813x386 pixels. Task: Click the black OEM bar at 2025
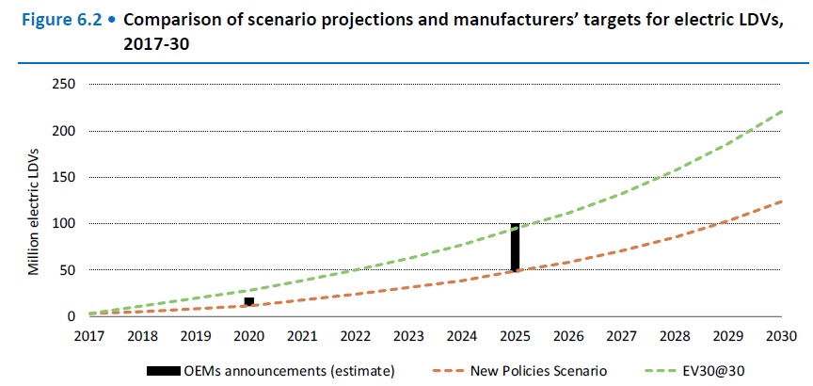tap(515, 247)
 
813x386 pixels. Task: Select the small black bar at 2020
tap(248, 301)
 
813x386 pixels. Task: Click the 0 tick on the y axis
tap(70, 317)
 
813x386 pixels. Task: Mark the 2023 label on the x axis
tap(408, 336)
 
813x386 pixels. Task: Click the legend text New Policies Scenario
tap(532, 371)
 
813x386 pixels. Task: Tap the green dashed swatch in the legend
tap(662, 371)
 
